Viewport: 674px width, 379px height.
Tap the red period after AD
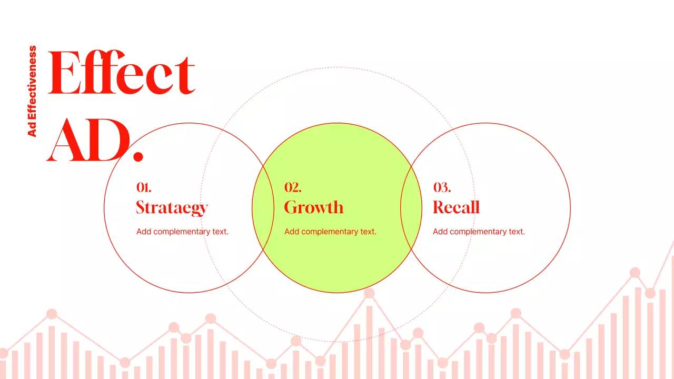pyautogui.click(x=138, y=156)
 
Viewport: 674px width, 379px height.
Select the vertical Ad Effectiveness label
pyautogui.click(x=32, y=91)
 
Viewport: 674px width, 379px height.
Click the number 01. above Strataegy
pyautogui.click(x=144, y=187)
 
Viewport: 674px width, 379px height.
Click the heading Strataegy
pyautogui.click(x=172, y=207)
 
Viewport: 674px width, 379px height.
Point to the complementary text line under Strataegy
pyautogui.click(x=182, y=232)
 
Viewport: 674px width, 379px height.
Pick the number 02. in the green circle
pyautogui.click(x=293, y=187)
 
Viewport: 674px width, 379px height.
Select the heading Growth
pyautogui.click(x=314, y=207)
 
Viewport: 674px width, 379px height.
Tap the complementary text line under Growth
pyautogui.click(x=330, y=232)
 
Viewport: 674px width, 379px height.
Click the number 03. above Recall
pyautogui.click(x=442, y=187)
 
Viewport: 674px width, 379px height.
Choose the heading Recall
pyautogui.click(x=456, y=207)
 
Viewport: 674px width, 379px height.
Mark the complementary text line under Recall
pyautogui.click(x=479, y=232)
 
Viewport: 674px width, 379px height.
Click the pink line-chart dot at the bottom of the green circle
pyautogui.click(x=369, y=293)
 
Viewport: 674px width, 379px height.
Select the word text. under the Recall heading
pyautogui.click(x=517, y=232)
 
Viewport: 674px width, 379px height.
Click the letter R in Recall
pyautogui.click(x=439, y=207)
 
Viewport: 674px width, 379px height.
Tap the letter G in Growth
pyautogui.click(x=291, y=207)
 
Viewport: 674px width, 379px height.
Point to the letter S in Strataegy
pyautogui.click(x=141, y=207)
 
